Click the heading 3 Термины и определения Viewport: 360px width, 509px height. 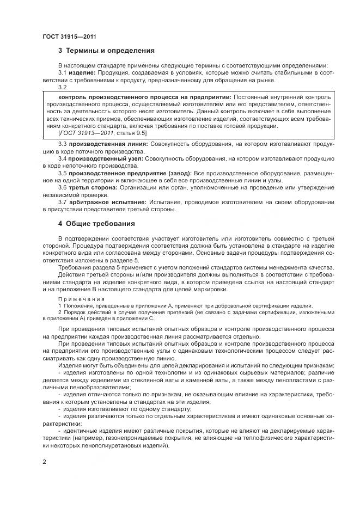click(x=106, y=51)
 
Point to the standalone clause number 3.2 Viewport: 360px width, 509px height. click(x=62, y=87)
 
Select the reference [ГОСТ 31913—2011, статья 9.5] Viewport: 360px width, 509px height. click(x=101, y=132)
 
